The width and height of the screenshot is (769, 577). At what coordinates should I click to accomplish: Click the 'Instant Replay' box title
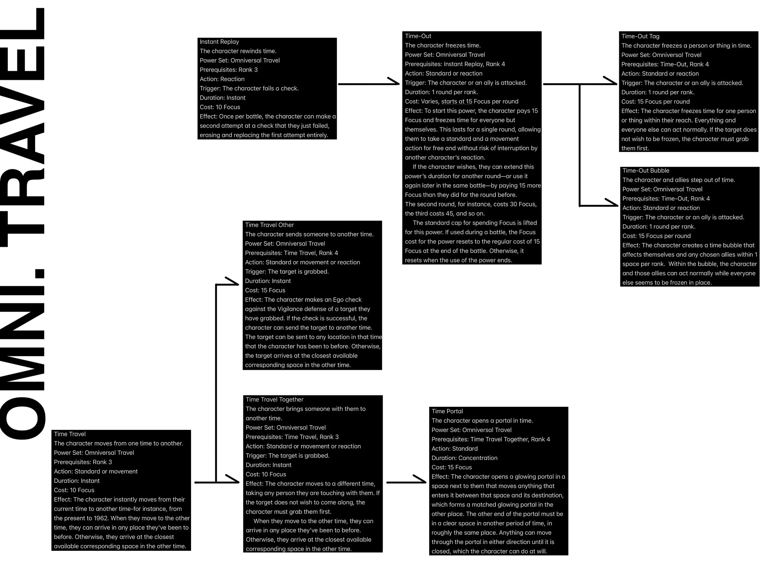click(219, 42)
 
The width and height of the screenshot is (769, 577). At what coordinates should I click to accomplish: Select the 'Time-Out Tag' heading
click(640, 36)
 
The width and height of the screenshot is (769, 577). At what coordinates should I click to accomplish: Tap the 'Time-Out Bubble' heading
click(646, 171)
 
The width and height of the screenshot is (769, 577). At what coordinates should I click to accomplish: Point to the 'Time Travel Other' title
click(269, 225)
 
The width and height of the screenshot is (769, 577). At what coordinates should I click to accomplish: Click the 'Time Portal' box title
click(447, 411)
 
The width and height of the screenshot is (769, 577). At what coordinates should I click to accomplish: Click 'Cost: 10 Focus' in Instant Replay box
click(220, 107)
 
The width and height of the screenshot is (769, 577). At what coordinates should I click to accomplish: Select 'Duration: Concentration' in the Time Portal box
click(464, 458)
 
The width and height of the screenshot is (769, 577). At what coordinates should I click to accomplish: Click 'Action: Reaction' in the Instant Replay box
click(222, 79)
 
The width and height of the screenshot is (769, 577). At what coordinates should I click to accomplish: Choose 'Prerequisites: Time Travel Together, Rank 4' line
click(491, 439)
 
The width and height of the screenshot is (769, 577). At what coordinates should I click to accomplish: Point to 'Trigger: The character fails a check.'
click(249, 89)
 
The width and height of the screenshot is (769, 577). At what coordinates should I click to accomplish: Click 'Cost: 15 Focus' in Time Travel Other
click(265, 291)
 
